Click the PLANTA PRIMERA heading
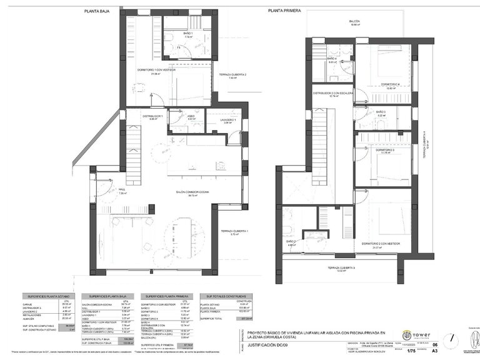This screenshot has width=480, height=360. click(x=284, y=11)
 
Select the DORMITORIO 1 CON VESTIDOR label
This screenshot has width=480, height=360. click(x=156, y=70)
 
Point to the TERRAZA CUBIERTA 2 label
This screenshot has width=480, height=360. click(x=232, y=75)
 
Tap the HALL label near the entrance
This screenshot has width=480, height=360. click(x=122, y=191)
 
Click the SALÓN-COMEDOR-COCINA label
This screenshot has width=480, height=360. click(x=185, y=192)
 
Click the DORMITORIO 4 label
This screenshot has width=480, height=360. click(x=392, y=84)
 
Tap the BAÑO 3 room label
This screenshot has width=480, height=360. click(x=381, y=112)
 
